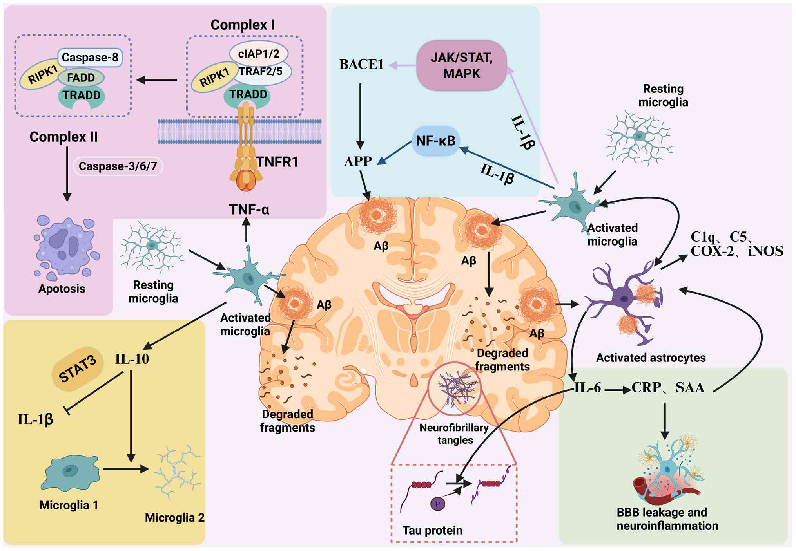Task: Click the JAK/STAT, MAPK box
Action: click(x=461, y=65)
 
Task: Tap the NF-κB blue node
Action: click(x=435, y=141)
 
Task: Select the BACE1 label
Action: click(x=361, y=65)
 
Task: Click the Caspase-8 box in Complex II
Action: click(x=90, y=58)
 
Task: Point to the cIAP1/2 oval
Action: click(x=259, y=53)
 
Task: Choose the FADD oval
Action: click(x=81, y=78)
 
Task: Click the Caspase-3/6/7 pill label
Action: click(x=118, y=166)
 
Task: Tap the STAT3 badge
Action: click(x=77, y=369)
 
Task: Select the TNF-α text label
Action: click(x=249, y=210)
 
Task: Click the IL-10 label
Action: click(x=132, y=359)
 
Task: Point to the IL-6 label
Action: click(x=587, y=388)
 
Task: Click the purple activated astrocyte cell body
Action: click(x=623, y=299)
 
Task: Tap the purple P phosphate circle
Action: click(x=438, y=504)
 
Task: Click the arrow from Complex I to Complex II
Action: click(x=157, y=80)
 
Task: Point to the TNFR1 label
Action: click(x=277, y=162)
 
